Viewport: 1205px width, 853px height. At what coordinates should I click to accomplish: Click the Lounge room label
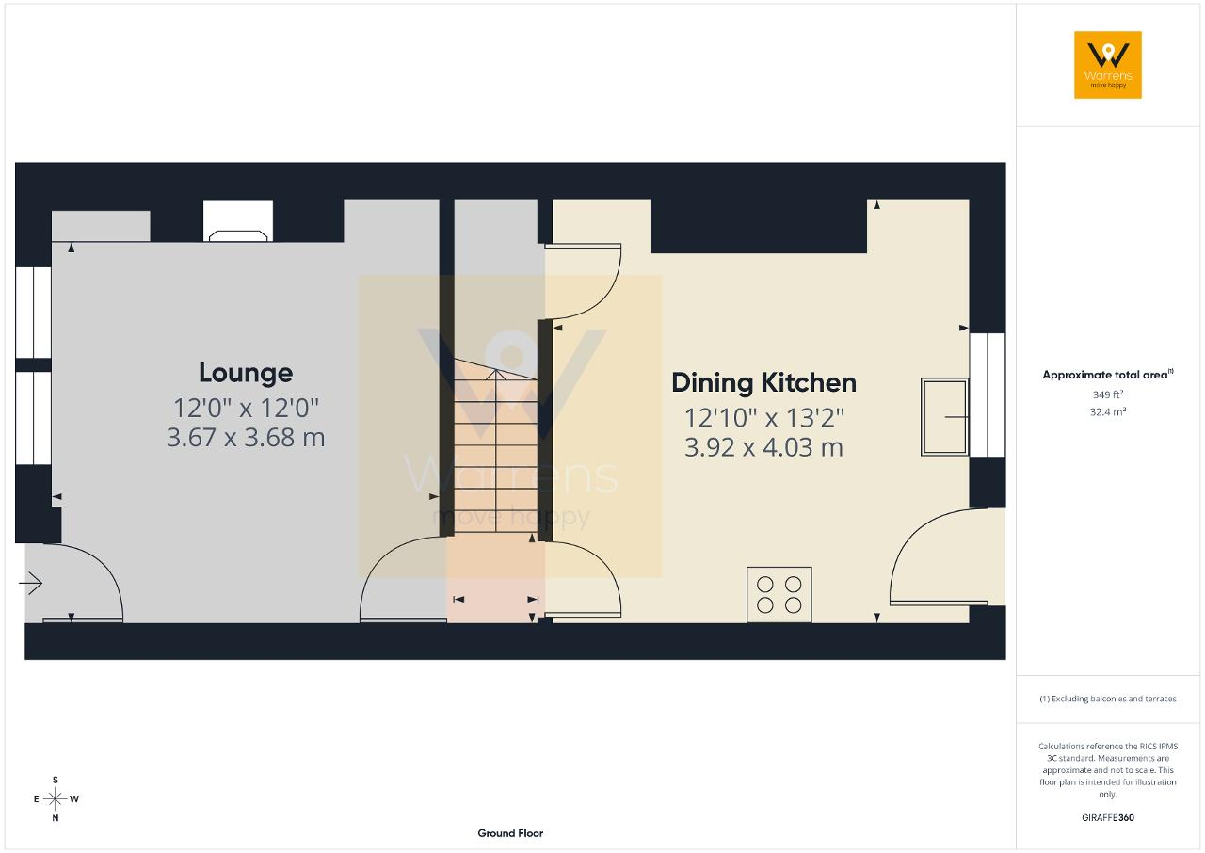[x=246, y=373]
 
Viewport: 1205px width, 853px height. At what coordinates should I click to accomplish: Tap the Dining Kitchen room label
[x=763, y=383]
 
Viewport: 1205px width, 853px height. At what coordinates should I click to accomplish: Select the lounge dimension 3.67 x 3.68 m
[x=246, y=437]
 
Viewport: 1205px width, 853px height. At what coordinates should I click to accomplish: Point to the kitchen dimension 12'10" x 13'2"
[x=763, y=418]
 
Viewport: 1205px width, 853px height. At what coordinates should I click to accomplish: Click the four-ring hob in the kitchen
[x=779, y=595]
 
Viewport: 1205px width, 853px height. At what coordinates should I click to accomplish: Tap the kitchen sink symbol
[x=944, y=417]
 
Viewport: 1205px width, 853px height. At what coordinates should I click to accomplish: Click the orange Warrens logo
[x=1108, y=65]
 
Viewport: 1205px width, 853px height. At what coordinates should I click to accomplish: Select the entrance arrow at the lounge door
[x=31, y=583]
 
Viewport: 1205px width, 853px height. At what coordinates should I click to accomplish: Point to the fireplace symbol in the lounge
[x=238, y=235]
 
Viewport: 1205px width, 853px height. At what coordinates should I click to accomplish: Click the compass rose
[x=56, y=799]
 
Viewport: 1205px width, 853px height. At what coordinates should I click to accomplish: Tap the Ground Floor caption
[x=510, y=833]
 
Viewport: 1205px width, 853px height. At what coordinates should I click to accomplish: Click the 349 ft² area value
[x=1108, y=394]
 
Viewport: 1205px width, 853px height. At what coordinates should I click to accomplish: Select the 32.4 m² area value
[x=1108, y=411]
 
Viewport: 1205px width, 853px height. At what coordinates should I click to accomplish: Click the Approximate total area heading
[x=1108, y=375]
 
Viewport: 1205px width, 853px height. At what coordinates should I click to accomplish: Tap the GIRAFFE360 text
[x=1108, y=817]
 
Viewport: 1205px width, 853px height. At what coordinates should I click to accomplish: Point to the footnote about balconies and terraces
[x=1108, y=699]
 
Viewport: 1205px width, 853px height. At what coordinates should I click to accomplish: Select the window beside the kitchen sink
[x=988, y=394]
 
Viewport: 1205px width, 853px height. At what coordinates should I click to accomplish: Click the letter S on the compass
[x=56, y=780]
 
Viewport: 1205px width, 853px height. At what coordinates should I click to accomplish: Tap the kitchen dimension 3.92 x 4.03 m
[x=763, y=447]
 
